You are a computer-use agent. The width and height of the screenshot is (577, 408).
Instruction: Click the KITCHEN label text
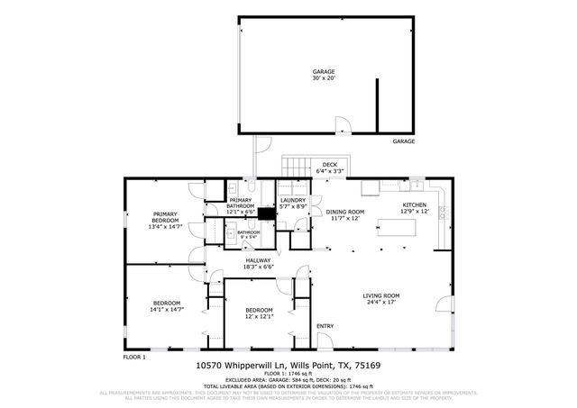pos(414,208)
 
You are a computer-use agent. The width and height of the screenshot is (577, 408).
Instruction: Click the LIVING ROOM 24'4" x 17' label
pos(380,298)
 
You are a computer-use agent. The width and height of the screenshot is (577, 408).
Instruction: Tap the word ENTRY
pos(325,327)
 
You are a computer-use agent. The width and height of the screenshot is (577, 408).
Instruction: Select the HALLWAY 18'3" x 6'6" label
pos(258,264)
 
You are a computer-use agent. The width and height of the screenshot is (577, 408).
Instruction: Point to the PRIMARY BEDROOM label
pos(165,220)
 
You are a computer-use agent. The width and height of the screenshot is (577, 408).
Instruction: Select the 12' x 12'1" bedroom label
pos(259,313)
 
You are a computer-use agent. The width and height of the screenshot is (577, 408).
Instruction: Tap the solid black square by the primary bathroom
pos(266,214)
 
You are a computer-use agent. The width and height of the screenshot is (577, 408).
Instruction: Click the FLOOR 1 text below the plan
pos(134,357)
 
